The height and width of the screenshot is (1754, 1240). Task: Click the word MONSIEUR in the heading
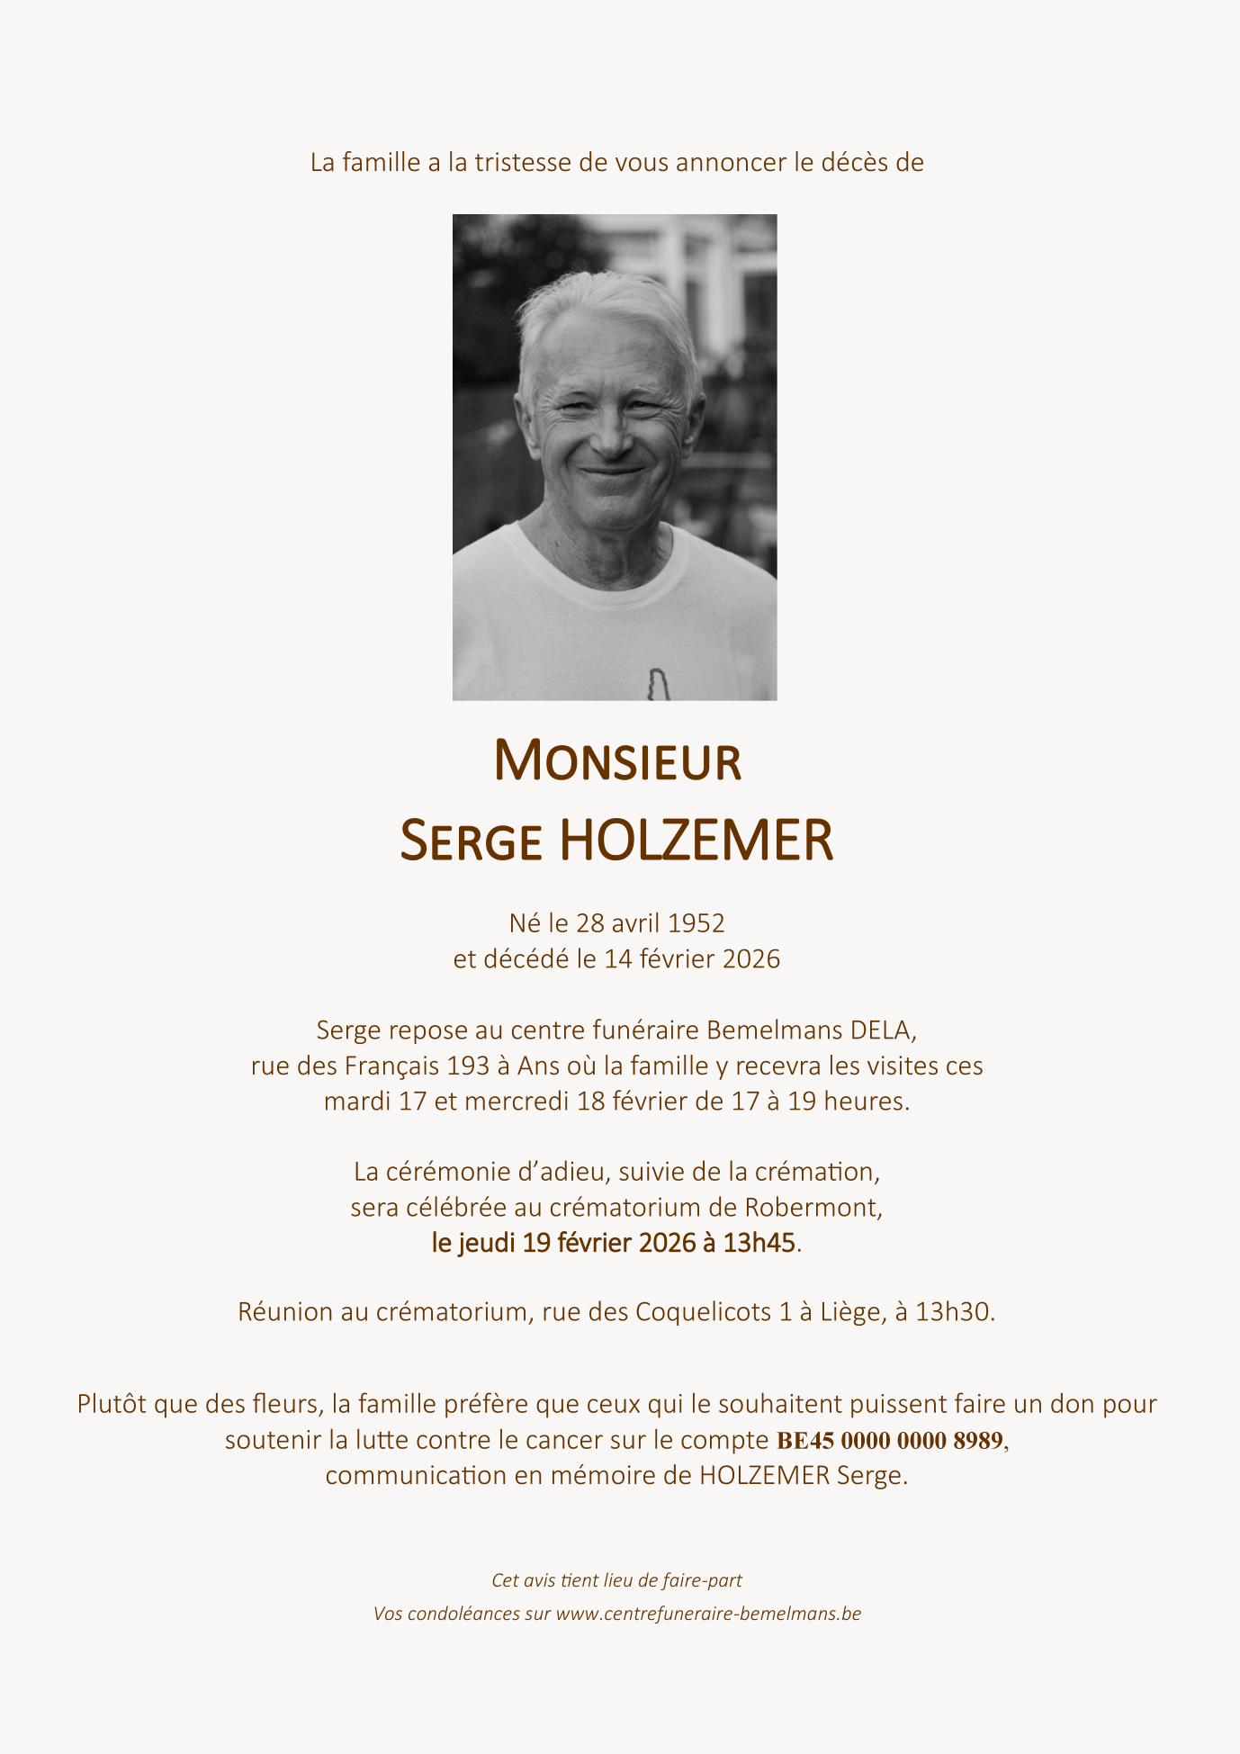[x=617, y=760]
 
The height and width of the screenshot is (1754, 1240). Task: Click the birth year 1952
[x=696, y=923]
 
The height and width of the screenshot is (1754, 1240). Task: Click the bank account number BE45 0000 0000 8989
[x=889, y=1441]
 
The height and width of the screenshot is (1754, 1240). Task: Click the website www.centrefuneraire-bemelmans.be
[x=708, y=1614]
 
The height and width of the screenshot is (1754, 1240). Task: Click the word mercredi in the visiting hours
[x=517, y=1102]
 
